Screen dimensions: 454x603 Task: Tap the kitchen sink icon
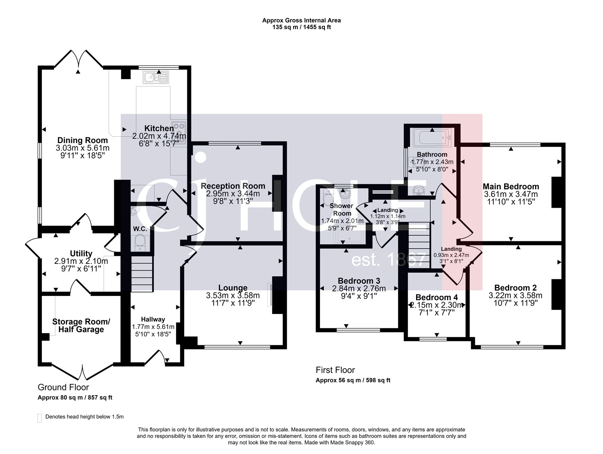click(x=156, y=78)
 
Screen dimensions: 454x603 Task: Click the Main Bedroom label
click(x=511, y=186)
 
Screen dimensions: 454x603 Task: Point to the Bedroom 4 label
click(x=437, y=297)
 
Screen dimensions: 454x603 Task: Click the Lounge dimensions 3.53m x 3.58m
click(x=233, y=295)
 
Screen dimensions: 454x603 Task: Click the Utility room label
click(x=81, y=253)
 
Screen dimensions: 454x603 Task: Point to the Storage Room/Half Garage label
click(x=81, y=326)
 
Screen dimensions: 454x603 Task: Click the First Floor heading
click(x=335, y=370)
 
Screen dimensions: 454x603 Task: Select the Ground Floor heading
click(x=63, y=387)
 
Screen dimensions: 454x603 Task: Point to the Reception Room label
click(x=233, y=186)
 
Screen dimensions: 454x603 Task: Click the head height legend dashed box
click(x=40, y=418)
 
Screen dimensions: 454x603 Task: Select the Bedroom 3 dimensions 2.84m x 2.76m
click(x=358, y=289)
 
